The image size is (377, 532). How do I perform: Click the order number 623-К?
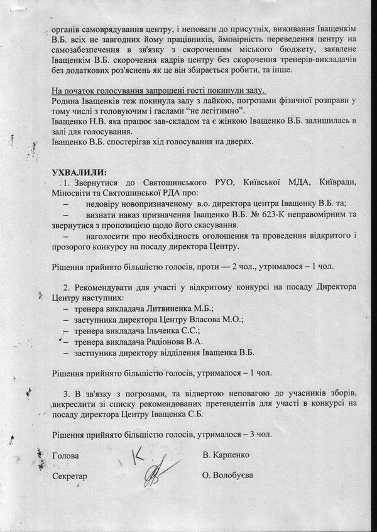coord(263,214)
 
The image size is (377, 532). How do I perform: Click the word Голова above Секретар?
coord(65,453)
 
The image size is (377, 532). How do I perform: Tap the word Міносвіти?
coord(74,193)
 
